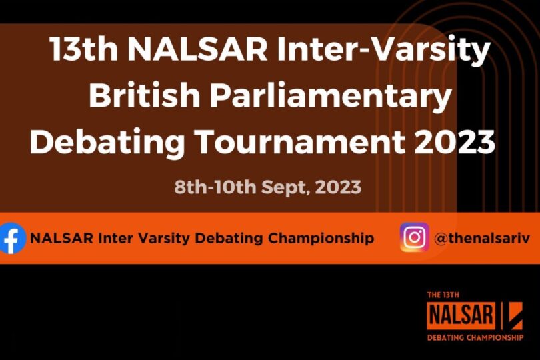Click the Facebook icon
(x=12, y=238)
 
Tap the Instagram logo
(x=414, y=237)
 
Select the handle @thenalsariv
(x=482, y=238)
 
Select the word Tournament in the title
(x=299, y=141)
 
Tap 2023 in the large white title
(x=455, y=141)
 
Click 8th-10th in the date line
(x=215, y=187)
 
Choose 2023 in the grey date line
(x=338, y=187)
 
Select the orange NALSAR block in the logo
(x=461, y=315)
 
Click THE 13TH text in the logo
(x=443, y=295)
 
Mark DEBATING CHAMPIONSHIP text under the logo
(x=475, y=337)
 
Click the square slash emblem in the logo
(x=514, y=315)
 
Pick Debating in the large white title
(x=107, y=143)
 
